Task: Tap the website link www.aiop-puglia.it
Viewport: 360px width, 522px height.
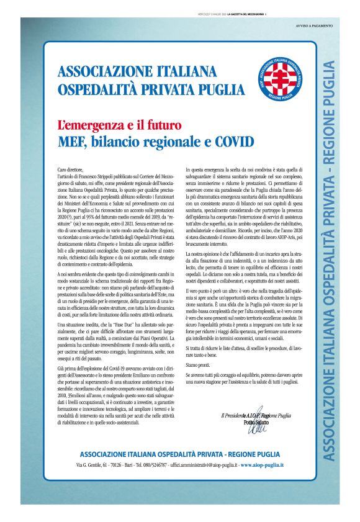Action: pos(263,482)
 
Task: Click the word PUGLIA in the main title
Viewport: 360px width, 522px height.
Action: pos(182,88)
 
